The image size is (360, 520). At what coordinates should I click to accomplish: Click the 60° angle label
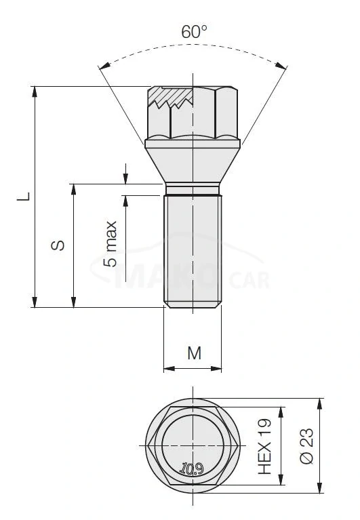[194, 31]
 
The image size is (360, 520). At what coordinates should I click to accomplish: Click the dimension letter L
[24, 197]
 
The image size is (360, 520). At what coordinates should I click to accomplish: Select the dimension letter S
[60, 245]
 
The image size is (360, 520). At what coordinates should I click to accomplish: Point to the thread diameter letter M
[194, 353]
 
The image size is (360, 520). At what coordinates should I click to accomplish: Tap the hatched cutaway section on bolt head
[172, 98]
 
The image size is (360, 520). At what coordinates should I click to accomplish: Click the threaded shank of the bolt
[193, 251]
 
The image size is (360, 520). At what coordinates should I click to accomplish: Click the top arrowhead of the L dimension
[34, 91]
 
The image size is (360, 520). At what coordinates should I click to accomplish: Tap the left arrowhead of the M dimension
[167, 369]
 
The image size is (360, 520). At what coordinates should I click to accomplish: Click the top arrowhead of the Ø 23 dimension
[319, 403]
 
